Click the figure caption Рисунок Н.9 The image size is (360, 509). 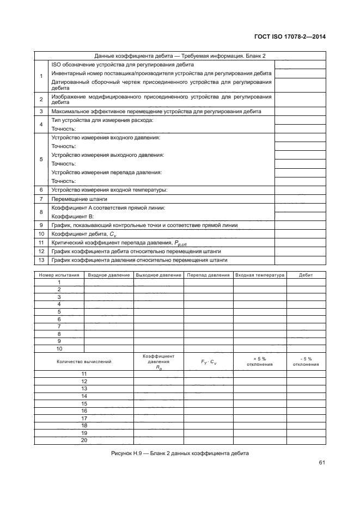coord(179,453)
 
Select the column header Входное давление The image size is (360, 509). coord(109,275)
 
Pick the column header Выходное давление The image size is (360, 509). coord(158,275)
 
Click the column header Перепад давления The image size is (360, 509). coord(208,275)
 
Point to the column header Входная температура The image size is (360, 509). coord(259,275)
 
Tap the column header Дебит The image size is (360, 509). coord(306,275)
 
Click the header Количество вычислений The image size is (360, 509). coord(84,361)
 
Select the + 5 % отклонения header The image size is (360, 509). coord(259,361)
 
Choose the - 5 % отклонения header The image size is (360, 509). coord(306,361)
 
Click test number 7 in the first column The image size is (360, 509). coord(59,326)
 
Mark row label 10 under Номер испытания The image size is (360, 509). coord(59,348)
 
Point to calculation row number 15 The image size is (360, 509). coord(84,403)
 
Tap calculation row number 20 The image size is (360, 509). coord(84,440)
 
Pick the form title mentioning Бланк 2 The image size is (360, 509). coord(180,56)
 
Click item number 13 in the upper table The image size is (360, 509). coord(41,260)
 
